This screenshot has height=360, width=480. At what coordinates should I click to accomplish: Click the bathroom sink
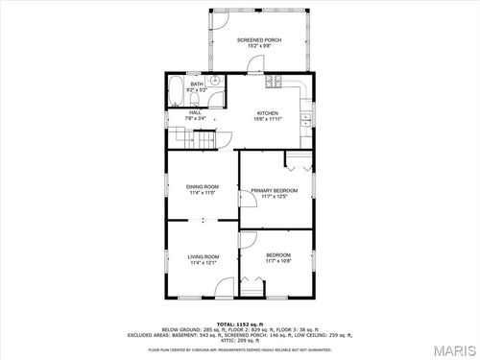(x=217, y=81)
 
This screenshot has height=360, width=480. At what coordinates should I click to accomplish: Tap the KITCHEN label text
(x=267, y=114)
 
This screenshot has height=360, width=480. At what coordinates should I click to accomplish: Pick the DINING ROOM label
(x=203, y=188)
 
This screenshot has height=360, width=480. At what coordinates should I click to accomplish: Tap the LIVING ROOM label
(x=204, y=258)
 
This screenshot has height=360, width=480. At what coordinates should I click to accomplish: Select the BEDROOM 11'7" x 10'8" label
(x=278, y=256)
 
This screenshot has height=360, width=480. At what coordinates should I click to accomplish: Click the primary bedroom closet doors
(x=298, y=161)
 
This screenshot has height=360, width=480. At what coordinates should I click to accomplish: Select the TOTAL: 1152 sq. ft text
(x=240, y=324)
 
